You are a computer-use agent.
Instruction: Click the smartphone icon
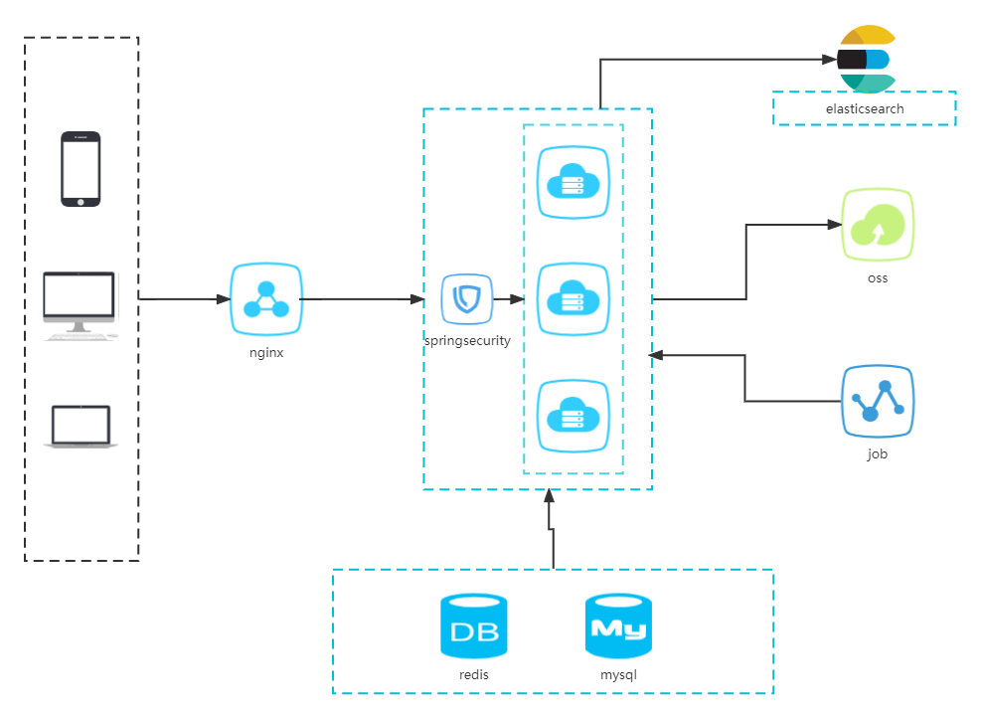pos(81,169)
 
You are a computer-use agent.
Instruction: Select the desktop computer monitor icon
pos(80,305)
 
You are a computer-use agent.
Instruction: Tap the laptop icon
pos(80,427)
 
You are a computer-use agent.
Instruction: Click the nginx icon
pos(265,298)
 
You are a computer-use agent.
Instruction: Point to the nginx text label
pos(265,352)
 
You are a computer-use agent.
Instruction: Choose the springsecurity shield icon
pos(467,298)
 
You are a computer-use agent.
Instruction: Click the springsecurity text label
pos(467,340)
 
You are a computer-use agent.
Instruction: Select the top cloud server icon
pos(573,182)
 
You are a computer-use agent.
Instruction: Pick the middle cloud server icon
pos(573,298)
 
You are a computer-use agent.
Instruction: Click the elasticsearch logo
pos(865,60)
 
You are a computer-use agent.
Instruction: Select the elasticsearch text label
pos(865,108)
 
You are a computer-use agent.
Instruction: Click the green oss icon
pos(878,225)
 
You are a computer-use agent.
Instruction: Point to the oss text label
pos(878,277)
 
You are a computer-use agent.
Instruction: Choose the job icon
pos(878,401)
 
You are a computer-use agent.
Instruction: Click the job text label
pos(878,453)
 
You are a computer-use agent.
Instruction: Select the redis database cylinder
pos(474,626)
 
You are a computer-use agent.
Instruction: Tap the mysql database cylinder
pos(618,626)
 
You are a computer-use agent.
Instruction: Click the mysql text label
pos(618,674)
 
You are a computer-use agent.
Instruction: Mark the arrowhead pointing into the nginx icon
pos(223,298)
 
